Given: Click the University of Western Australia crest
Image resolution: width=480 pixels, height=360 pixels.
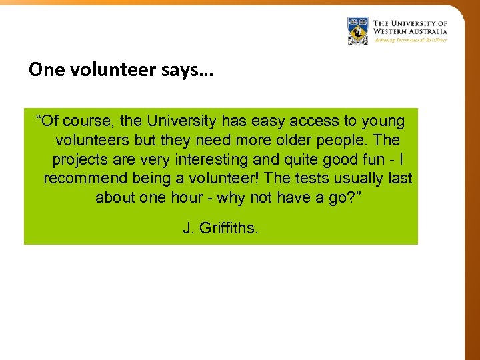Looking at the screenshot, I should point(358,31).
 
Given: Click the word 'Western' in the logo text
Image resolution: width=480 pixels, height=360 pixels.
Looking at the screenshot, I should point(390,31).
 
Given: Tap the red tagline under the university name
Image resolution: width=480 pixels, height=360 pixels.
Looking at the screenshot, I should point(410,40).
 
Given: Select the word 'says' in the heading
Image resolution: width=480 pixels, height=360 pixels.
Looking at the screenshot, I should point(179,70).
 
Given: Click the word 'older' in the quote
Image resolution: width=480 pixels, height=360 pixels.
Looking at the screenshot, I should point(287,141).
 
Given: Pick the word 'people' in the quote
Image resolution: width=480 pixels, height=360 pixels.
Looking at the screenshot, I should point(341,141).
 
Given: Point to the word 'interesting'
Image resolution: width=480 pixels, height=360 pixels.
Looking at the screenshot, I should point(211,160).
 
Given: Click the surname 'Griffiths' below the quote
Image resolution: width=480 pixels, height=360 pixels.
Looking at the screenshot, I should point(229,229).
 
